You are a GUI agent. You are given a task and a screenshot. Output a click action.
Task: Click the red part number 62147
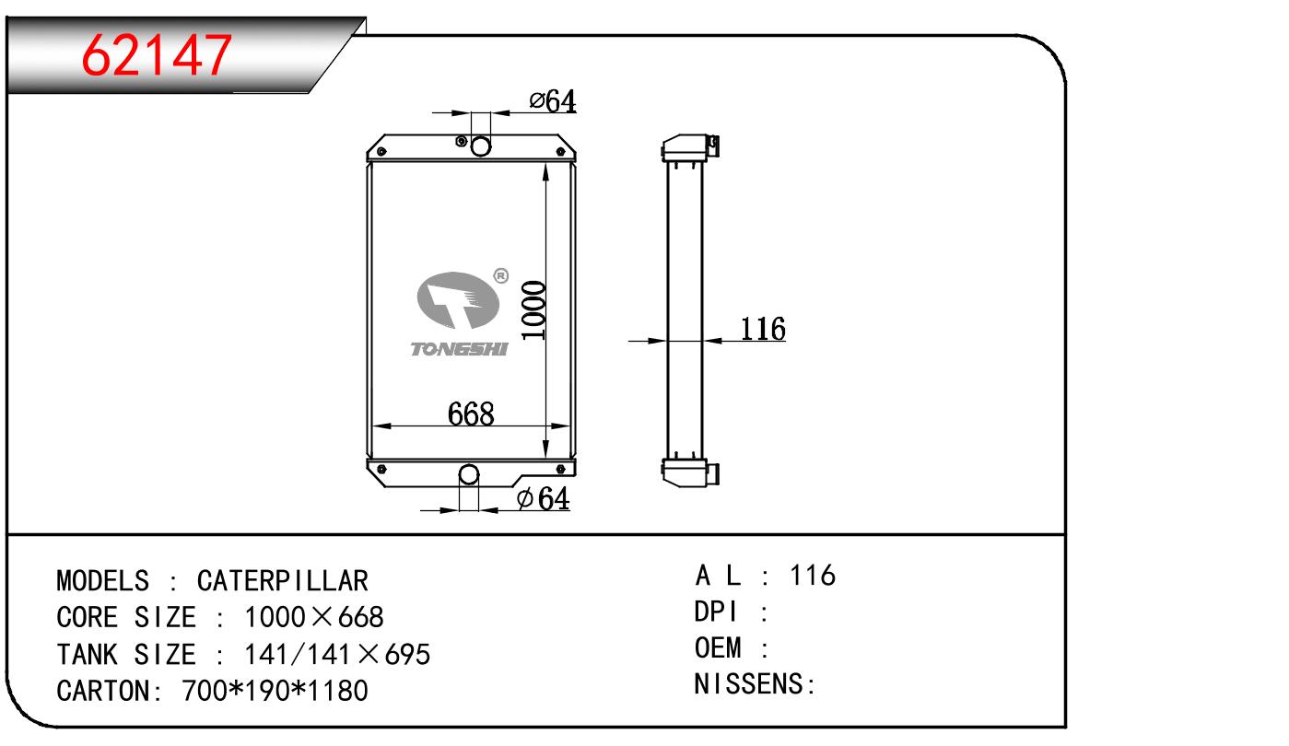[x=157, y=55]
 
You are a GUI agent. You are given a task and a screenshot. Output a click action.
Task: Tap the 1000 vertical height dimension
[x=533, y=310]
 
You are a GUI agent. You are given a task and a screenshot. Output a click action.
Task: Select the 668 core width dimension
[x=471, y=414]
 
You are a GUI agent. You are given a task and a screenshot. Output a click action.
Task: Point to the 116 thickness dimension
[x=763, y=329]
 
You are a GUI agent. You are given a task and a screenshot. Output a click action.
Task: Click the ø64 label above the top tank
[x=553, y=101]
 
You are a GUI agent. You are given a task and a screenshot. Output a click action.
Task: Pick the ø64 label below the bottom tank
[x=544, y=498]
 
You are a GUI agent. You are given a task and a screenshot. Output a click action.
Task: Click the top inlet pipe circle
[x=481, y=146]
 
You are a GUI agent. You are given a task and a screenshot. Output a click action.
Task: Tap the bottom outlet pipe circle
[x=469, y=474]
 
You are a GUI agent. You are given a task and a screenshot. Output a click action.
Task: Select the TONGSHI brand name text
[x=459, y=349]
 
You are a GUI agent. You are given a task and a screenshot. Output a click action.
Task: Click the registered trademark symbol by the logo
[x=501, y=276]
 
